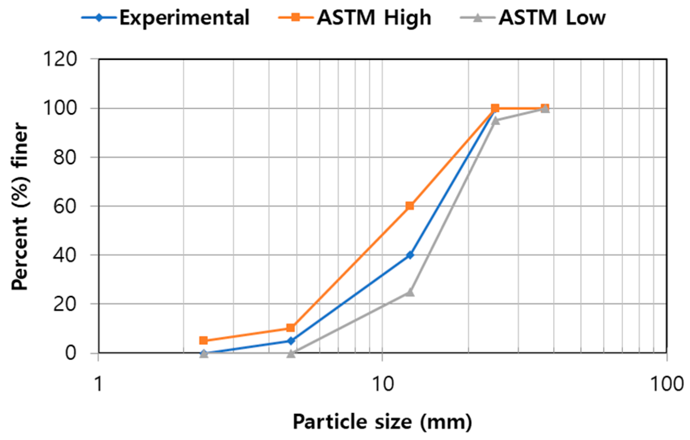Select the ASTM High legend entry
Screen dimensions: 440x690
pyautogui.click(x=355, y=17)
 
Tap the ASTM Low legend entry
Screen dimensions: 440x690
pyautogui.click(x=534, y=17)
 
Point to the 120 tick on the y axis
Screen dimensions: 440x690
pyautogui.click(x=60, y=59)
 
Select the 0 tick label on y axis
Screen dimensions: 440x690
pyautogui.click(x=70, y=352)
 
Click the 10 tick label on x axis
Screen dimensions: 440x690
pyautogui.click(x=382, y=384)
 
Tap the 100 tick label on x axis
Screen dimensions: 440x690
pyautogui.click(x=667, y=384)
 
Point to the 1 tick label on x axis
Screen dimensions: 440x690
pyautogui.click(x=98, y=384)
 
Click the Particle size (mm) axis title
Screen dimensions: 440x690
pyautogui.click(x=382, y=422)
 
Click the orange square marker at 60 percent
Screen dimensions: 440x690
pyautogui.click(x=409, y=206)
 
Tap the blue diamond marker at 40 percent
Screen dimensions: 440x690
pyautogui.click(x=410, y=255)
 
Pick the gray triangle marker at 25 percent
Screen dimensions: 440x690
pyautogui.click(x=410, y=292)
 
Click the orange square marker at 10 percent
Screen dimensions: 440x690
pyautogui.click(x=290, y=328)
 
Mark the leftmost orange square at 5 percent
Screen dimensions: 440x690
pyautogui.click(x=204, y=340)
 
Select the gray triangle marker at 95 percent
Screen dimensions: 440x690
pyautogui.click(x=495, y=120)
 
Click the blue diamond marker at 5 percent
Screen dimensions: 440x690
pyautogui.click(x=291, y=340)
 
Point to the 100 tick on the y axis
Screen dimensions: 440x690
pyautogui.click(x=60, y=108)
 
